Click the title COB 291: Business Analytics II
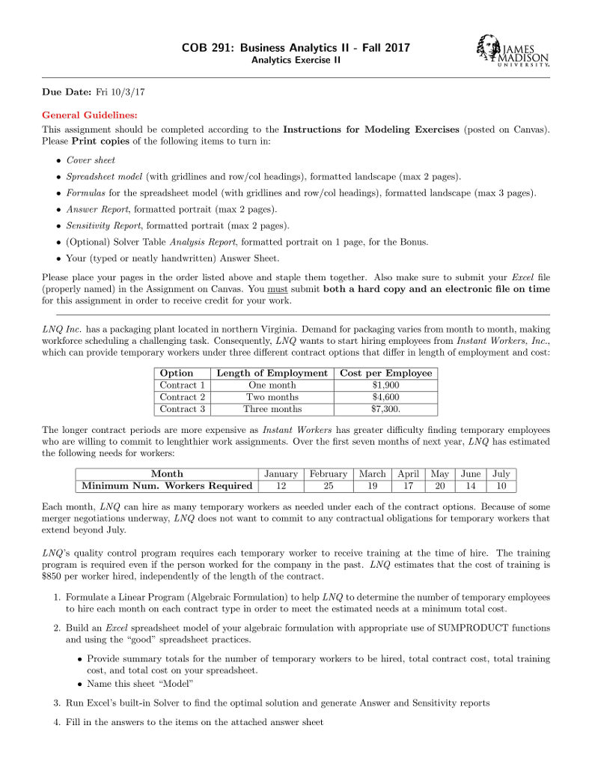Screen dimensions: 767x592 point(296,48)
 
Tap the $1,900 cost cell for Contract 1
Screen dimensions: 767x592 point(386,385)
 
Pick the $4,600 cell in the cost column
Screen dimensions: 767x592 point(386,397)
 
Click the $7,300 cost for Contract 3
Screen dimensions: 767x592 point(386,409)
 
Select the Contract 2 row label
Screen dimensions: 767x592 point(183,397)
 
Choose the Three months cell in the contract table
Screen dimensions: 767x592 point(272,409)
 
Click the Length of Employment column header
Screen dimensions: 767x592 point(272,373)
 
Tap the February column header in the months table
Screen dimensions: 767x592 point(329,474)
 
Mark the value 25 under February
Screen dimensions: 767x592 point(329,485)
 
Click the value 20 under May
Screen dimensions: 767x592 point(440,485)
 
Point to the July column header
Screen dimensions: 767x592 point(501,474)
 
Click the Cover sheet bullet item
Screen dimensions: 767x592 point(91,160)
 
